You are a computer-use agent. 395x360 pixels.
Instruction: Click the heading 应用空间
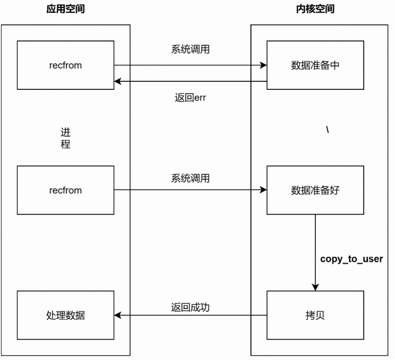pos(65,9)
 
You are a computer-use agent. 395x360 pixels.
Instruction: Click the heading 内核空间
pos(315,9)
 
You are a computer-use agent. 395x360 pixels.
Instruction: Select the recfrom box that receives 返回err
pos(65,65)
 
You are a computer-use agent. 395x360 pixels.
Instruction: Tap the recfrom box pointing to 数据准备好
pos(65,190)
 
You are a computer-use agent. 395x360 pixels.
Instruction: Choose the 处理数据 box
pos(65,315)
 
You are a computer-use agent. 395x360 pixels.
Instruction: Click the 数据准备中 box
pos(315,65)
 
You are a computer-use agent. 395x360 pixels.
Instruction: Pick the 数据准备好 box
pos(315,190)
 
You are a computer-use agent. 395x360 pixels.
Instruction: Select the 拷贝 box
pos(315,315)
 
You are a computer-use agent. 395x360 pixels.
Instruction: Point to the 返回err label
pos(190,98)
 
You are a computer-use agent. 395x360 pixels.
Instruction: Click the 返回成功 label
pos(190,307)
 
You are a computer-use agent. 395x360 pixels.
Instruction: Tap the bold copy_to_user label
pos(351,259)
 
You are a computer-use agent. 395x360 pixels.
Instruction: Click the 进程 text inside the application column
pos(65,138)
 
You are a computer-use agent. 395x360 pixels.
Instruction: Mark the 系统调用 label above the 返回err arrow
pos(190,49)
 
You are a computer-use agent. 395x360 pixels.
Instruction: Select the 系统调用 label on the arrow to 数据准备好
pos(190,178)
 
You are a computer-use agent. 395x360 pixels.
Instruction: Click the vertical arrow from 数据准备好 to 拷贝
pos(315,250)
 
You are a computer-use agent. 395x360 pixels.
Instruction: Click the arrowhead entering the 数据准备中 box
pos(263,65)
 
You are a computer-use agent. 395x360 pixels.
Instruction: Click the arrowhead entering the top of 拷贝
pos(315,287)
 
